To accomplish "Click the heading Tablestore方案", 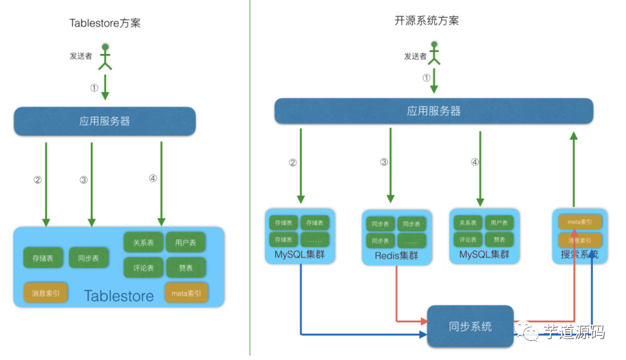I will (x=105, y=23).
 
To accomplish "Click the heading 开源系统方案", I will (x=427, y=20).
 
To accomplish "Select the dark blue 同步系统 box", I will (x=470, y=326).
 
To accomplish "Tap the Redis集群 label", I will (x=396, y=255).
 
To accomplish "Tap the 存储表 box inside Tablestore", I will (x=43, y=258).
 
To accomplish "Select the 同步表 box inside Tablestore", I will (x=89, y=258).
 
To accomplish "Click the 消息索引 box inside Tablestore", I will (x=46, y=293).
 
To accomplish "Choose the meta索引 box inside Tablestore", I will (x=186, y=293).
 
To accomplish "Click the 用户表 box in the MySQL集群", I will (x=499, y=223).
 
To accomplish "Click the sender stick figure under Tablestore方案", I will (x=105, y=56).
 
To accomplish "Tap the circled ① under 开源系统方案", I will (x=427, y=78).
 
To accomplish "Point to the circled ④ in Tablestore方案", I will (x=152, y=179).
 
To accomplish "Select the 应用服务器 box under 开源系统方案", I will (x=434, y=111).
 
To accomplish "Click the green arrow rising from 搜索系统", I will (x=574, y=168).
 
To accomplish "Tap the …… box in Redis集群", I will (x=412, y=241).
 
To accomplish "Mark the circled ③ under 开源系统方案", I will (x=384, y=162).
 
